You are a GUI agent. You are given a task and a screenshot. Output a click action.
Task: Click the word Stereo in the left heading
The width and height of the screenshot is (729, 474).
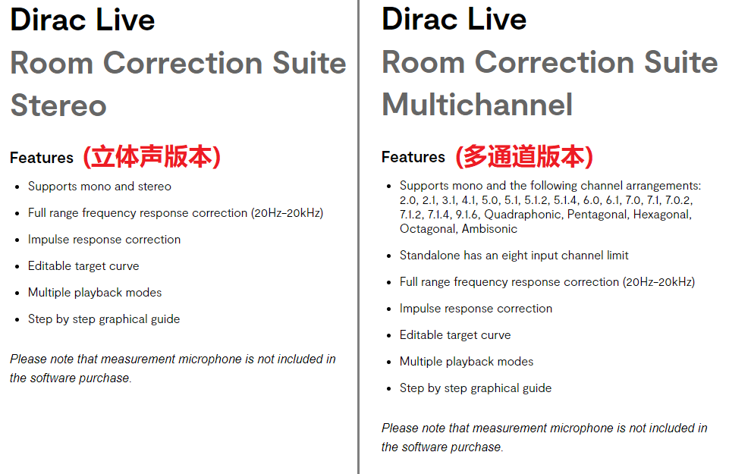click(x=58, y=105)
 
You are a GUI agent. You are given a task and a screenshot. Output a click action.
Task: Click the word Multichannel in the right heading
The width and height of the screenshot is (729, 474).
click(x=477, y=105)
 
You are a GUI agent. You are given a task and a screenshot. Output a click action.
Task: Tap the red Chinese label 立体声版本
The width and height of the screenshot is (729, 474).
click(x=152, y=156)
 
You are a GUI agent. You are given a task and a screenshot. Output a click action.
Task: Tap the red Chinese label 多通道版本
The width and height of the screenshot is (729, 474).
click(x=524, y=156)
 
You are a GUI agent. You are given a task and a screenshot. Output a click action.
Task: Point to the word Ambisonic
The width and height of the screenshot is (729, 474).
click(x=489, y=228)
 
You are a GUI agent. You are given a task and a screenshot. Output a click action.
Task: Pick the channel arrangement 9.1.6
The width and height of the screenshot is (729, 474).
click(x=467, y=215)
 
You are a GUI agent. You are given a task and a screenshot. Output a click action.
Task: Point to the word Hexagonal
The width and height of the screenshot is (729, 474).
click(x=662, y=215)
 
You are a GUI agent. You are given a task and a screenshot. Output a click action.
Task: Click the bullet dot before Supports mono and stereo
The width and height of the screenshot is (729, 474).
click(x=17, y=187)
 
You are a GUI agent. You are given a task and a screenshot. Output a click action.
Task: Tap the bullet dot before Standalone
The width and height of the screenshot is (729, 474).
click(x=389, y=256)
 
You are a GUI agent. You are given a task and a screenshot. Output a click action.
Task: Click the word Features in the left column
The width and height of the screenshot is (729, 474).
click(x=42, y=158)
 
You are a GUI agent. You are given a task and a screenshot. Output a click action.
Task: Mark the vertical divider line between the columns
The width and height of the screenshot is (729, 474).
click(x=359, y=237)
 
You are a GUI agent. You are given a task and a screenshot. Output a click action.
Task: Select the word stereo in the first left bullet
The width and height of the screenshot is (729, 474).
click(x=154, y=187)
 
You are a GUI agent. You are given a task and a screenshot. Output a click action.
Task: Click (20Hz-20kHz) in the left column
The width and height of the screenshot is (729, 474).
click(x=287, y=213)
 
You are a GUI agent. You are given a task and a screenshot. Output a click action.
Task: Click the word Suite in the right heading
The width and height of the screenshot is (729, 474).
click(x=680, y=62)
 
